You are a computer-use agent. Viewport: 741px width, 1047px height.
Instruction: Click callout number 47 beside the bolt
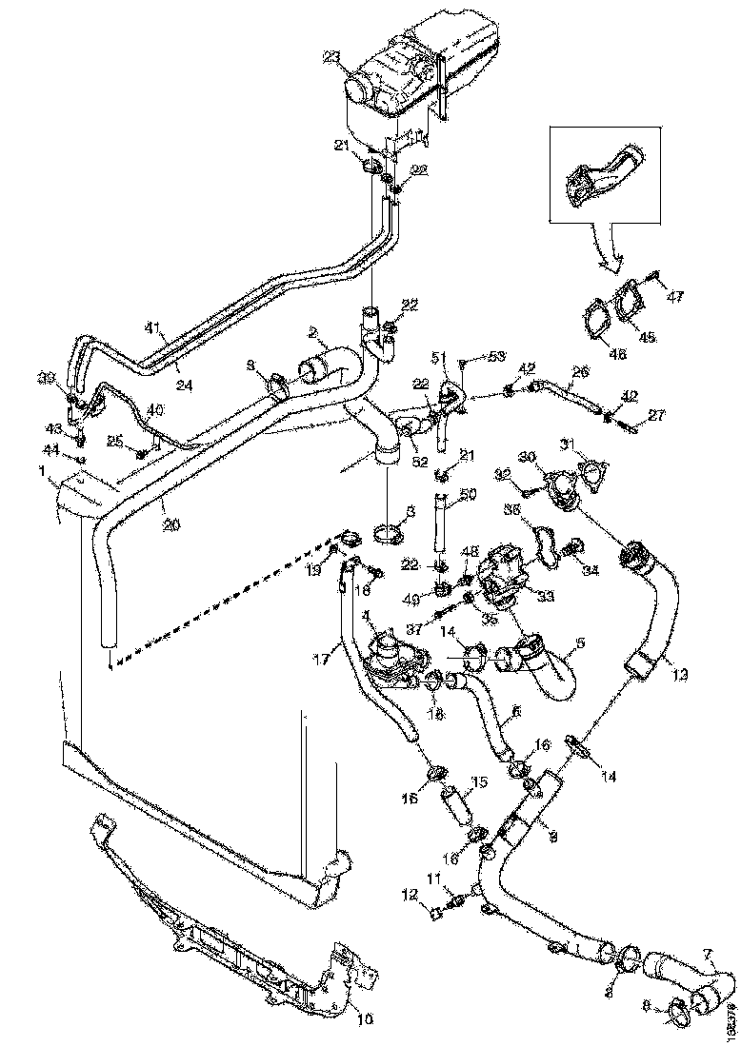click(x=674, y=298)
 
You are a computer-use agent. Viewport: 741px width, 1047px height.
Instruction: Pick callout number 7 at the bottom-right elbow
click(x=707, y=954)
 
